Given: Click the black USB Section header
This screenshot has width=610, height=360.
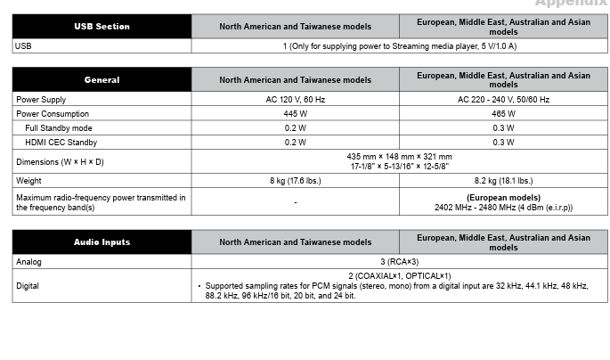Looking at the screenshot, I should click(102, 27).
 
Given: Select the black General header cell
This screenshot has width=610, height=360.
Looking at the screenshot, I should click(102, 79).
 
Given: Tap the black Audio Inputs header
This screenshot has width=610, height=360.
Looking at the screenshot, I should click(102, 241).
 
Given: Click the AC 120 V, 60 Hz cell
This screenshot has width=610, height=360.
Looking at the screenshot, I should click(295, 100).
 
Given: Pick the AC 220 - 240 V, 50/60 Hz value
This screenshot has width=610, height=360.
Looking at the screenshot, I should click(503, 100).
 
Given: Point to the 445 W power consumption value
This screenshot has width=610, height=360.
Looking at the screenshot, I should click(295, 114).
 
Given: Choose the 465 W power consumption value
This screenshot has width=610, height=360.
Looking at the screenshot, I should click(503, 114).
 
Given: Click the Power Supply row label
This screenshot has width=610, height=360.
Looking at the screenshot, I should click(41, 100).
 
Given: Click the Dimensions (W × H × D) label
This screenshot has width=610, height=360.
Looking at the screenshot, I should click(60, 161).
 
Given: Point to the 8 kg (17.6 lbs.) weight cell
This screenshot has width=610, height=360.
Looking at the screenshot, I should click(295, 181).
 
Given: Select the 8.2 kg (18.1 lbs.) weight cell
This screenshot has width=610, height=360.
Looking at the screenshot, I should click(503, 181).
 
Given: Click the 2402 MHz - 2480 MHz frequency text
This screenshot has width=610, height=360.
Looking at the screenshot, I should click(503, 208).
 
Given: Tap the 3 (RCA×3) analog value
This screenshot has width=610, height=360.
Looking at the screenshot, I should click(399, 262).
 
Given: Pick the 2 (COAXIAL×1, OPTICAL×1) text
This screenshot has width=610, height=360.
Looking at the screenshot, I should click(399, 276).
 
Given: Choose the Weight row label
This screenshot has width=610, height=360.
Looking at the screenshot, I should click(28, 181).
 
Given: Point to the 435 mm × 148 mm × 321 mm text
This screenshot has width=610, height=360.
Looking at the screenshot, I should click(399, 157).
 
